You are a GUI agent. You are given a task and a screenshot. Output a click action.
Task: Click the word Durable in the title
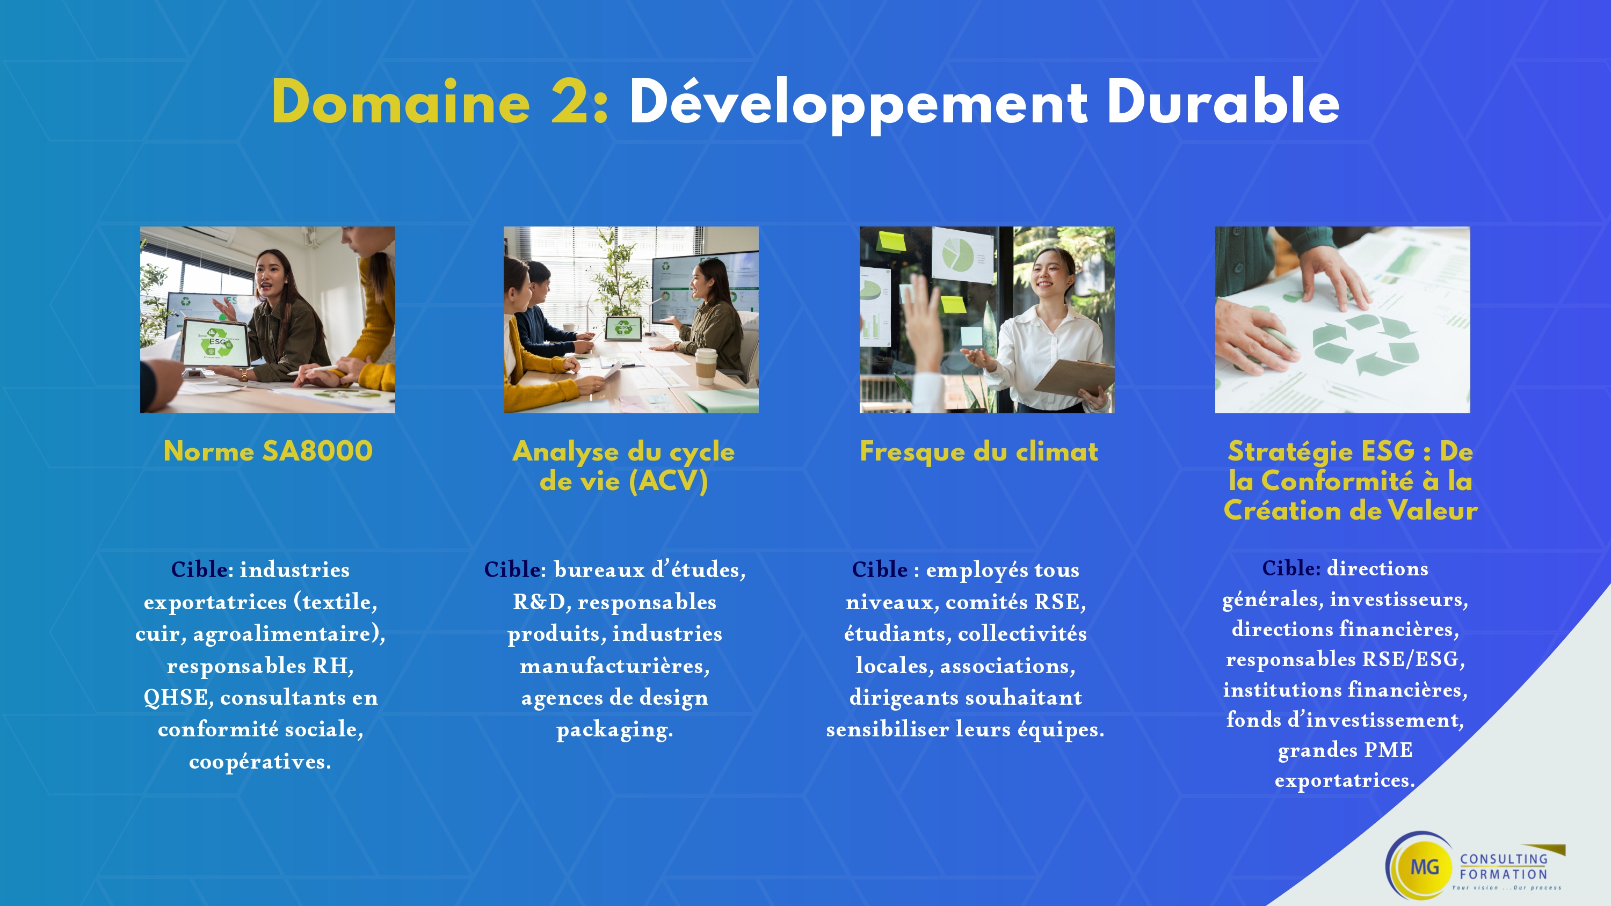point(1223,102)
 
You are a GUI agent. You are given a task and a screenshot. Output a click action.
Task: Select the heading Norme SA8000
point(267,451)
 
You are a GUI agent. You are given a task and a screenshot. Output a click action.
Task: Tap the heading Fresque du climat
point(979,451)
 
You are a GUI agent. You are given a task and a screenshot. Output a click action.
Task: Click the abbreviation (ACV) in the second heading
point(668,481)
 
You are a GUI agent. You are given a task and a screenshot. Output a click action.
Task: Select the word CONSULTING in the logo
point(1504,859)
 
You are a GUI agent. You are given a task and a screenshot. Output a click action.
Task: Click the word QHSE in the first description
point(176,697)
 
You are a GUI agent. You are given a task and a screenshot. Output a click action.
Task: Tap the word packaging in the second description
point(614,730)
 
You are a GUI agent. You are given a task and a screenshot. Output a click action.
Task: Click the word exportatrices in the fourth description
point(1345,780)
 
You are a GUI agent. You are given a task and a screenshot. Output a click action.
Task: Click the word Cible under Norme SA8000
point(199,569)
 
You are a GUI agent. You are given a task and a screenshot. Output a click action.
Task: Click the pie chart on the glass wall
point(957,255)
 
